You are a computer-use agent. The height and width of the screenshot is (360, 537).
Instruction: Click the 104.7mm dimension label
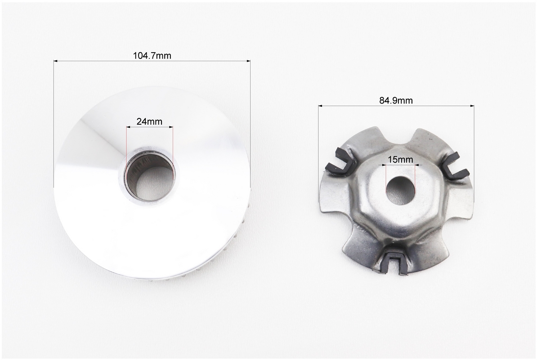152,55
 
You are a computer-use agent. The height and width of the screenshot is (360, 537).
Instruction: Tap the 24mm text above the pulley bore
149,121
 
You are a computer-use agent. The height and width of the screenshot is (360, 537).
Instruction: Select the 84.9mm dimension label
396,100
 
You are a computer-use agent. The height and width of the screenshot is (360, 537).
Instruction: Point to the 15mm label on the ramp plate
400,160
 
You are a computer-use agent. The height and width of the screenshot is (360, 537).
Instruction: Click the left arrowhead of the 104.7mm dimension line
56,61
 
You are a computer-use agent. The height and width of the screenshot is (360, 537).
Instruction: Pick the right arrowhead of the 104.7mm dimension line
248,61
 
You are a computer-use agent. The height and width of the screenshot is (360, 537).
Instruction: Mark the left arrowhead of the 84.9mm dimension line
321,106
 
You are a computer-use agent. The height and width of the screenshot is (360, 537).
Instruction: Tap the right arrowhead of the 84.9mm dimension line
472,106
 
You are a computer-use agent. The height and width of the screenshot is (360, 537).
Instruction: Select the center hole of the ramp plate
400,190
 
